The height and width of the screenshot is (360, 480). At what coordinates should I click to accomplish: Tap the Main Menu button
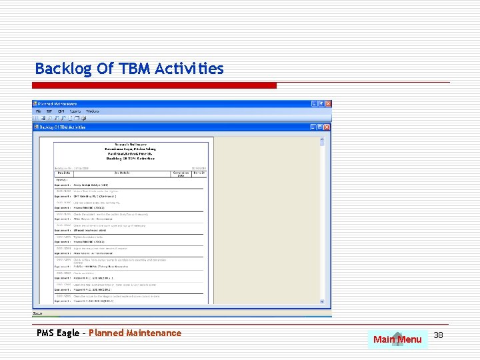pyautogui.click(x=397, y=339)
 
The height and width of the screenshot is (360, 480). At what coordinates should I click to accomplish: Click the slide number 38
pyautogui.click(x=438, y=335)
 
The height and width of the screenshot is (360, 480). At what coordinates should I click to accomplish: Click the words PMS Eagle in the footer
pyautogui.click(x=58, y=333)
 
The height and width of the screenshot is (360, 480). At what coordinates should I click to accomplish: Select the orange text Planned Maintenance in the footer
pyautogui.click(x=135, y=333)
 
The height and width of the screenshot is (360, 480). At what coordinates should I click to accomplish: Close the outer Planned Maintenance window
pyautogui.click(x=327, y=104)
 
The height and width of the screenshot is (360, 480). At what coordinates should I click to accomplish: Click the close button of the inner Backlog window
pyautogui.click(x=327, y=126)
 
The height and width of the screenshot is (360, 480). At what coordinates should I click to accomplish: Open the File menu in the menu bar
pyautogui.click(x=39, y=111)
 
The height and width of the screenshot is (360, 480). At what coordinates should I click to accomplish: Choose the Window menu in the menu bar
pyautogui.click(x=93, y=111)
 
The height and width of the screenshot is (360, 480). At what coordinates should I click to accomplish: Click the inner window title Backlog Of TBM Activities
pyautogui.click(x=63, y=126)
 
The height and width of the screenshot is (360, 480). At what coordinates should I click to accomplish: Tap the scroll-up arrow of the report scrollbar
pyautogui.click(x=322, y=141)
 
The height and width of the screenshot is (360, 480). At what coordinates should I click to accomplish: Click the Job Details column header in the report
pyautogui.click(x=121, y=173)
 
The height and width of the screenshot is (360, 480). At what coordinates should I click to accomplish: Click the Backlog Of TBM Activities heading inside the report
pyautogui.click(x=131, y=159)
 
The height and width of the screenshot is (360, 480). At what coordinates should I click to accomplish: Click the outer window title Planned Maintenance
pyautogui.click(x=57, y=104)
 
